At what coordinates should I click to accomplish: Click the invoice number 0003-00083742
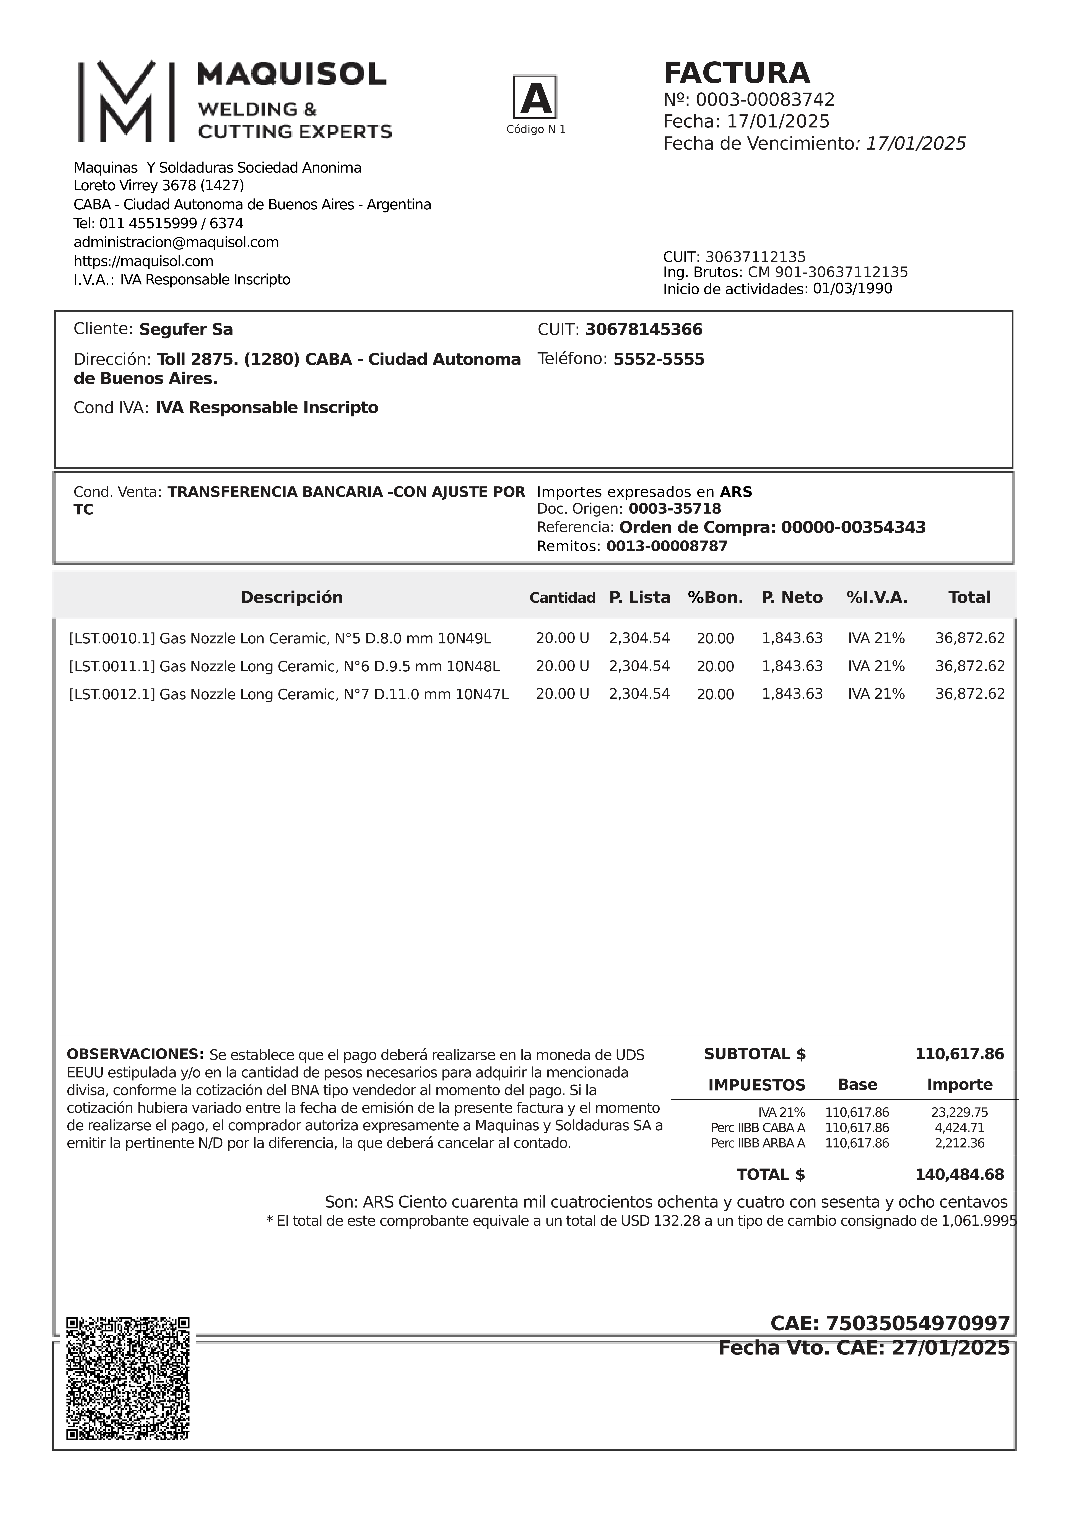point(765,100)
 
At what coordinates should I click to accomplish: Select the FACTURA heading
point(737,73)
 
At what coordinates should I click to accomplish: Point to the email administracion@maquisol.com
point(176,242)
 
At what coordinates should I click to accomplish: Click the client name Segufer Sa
point(186,330)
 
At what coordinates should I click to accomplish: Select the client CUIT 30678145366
point(644,330)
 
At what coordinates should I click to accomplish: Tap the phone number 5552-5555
point(659,360)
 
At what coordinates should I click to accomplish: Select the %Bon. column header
point(715,598)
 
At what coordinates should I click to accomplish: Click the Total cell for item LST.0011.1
point(970,666)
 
